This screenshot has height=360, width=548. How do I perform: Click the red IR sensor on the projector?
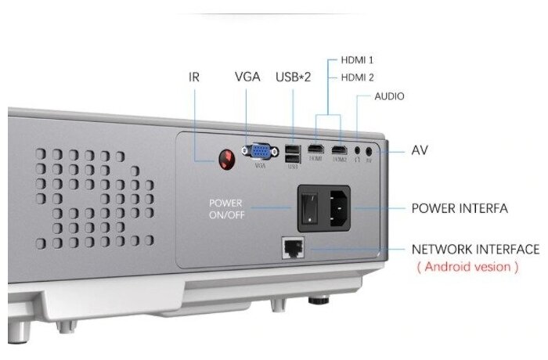tap(226, 157)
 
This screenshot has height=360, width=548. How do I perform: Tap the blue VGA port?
tap(261, 152)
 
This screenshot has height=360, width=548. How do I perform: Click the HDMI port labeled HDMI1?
tap(315, 149)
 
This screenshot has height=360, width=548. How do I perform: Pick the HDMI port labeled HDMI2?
tap(339, 149)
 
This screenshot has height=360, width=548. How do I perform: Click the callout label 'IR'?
tap(195, 77)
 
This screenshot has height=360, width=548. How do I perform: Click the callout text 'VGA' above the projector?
tap(247, 77)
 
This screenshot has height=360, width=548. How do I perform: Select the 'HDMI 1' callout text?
tap(357, 59)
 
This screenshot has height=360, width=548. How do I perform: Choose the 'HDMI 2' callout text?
tap(357, 77)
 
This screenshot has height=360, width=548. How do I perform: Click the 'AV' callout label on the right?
tap(420, 149)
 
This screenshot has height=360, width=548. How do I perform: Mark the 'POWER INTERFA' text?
tap(460, 208)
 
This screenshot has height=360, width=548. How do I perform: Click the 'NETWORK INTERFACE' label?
tap(475, 249)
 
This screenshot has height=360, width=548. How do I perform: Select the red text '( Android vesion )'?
tap(467, 267)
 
